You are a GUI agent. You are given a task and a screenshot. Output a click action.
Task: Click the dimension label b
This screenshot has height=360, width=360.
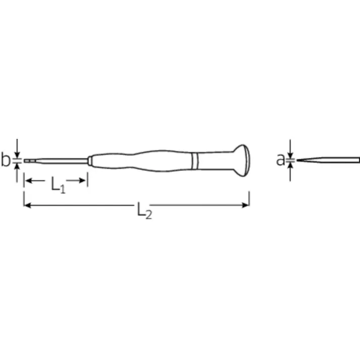click(6, 161)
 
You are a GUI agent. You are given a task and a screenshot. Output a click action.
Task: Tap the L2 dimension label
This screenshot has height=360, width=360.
click(143, 210)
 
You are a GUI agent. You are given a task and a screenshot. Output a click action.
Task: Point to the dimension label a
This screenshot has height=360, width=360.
click(280, 160)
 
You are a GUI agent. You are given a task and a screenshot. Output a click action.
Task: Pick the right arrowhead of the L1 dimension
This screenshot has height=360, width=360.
click(84, 180)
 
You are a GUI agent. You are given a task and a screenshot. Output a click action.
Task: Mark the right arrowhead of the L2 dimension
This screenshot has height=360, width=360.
click(246, 205)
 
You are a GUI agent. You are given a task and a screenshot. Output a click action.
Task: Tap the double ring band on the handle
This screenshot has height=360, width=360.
click(195, 160)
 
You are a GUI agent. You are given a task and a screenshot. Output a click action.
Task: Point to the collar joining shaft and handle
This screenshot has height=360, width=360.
click(90, 160)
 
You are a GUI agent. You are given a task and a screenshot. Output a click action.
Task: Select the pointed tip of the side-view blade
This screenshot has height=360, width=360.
click(299, 160)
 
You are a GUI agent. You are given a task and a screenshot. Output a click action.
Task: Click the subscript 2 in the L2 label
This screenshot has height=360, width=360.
click(148, 214)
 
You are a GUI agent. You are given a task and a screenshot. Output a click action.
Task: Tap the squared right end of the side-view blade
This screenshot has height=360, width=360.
click(358, 160)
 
